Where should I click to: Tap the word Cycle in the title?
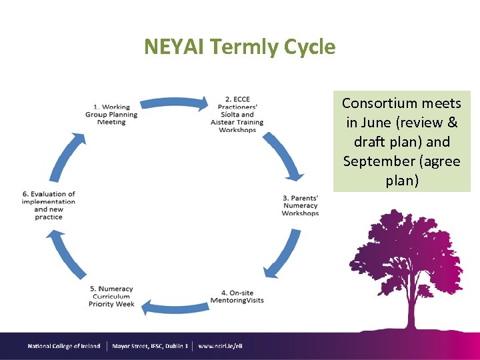coord(309,47)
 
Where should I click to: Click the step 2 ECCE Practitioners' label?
coord(237,115)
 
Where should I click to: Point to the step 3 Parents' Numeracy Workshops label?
coord(300,205)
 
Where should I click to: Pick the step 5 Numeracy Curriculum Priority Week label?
coord(111,297)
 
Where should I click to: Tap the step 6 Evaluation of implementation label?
coord(49,205)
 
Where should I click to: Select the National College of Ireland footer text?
coord(64,346)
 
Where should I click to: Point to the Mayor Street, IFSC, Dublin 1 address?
coord(150,346)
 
